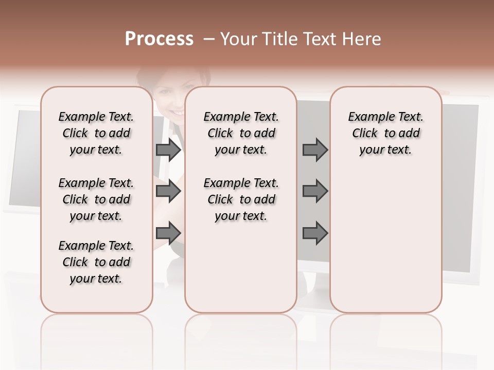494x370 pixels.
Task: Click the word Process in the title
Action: (x=159, y=39)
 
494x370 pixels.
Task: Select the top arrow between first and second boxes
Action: (x=168, y=150)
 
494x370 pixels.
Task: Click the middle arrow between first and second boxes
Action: (x=168, y=192)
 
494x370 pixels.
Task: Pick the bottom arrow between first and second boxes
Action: (x=168, y=234)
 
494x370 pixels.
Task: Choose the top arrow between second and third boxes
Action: (x=315, y=150)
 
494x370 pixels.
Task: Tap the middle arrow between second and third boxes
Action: (x=315, y=192)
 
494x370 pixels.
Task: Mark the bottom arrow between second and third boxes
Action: (x=315, y=234)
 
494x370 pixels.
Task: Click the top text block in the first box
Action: (x=96, y=133)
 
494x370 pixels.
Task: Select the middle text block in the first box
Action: (x=96, y=199)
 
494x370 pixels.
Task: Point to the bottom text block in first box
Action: (x=96, y=262)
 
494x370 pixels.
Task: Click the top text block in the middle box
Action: (x=241, y=133)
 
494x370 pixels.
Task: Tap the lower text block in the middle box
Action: (x=241, y=199)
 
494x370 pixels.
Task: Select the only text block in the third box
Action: (x=385, y=133)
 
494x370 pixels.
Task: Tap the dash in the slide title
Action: (x=208, y=39)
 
